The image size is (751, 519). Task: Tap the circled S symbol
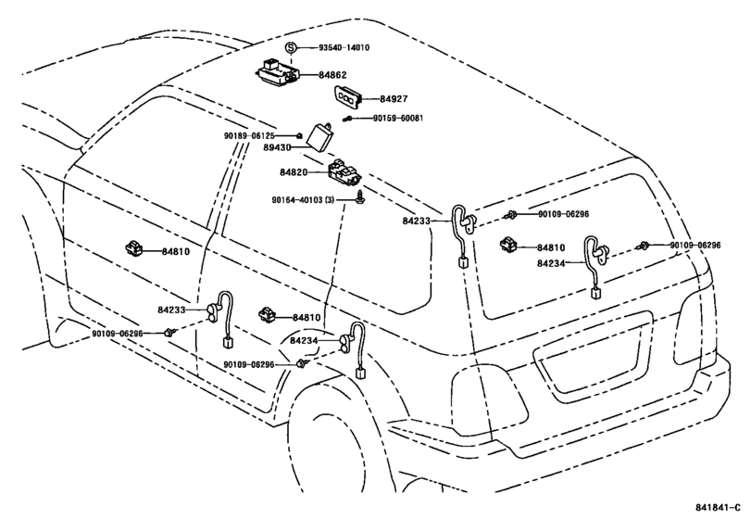coord(290,47)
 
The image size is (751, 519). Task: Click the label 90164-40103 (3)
coord(309,198)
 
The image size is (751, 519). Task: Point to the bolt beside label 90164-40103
coord(358,198)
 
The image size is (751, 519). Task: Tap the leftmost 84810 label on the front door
coord(175,251)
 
